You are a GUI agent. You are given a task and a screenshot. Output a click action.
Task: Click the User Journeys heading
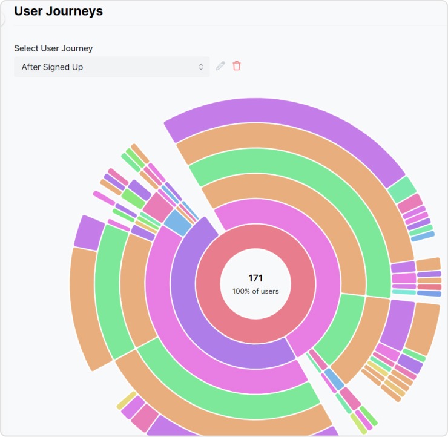(x=58, y=11)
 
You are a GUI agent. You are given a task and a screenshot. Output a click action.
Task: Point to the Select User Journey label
(x=53, y=48)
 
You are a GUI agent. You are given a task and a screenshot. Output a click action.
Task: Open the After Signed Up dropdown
(x=109, y=67)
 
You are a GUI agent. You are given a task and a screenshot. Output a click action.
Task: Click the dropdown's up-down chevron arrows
(x=201, y=67)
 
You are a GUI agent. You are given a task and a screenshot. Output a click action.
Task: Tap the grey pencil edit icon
(x=220, y=66)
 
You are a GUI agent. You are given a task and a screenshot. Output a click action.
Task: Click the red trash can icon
(x=237, y=66)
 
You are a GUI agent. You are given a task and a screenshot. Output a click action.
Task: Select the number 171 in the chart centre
(x=255, y=278)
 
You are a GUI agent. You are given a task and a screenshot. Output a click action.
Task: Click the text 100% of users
(x=255, y=291)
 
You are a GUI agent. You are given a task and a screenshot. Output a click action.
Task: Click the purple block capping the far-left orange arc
(x=89, y=232)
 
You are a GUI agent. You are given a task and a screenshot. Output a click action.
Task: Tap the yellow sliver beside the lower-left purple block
(x=126, y=400)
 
